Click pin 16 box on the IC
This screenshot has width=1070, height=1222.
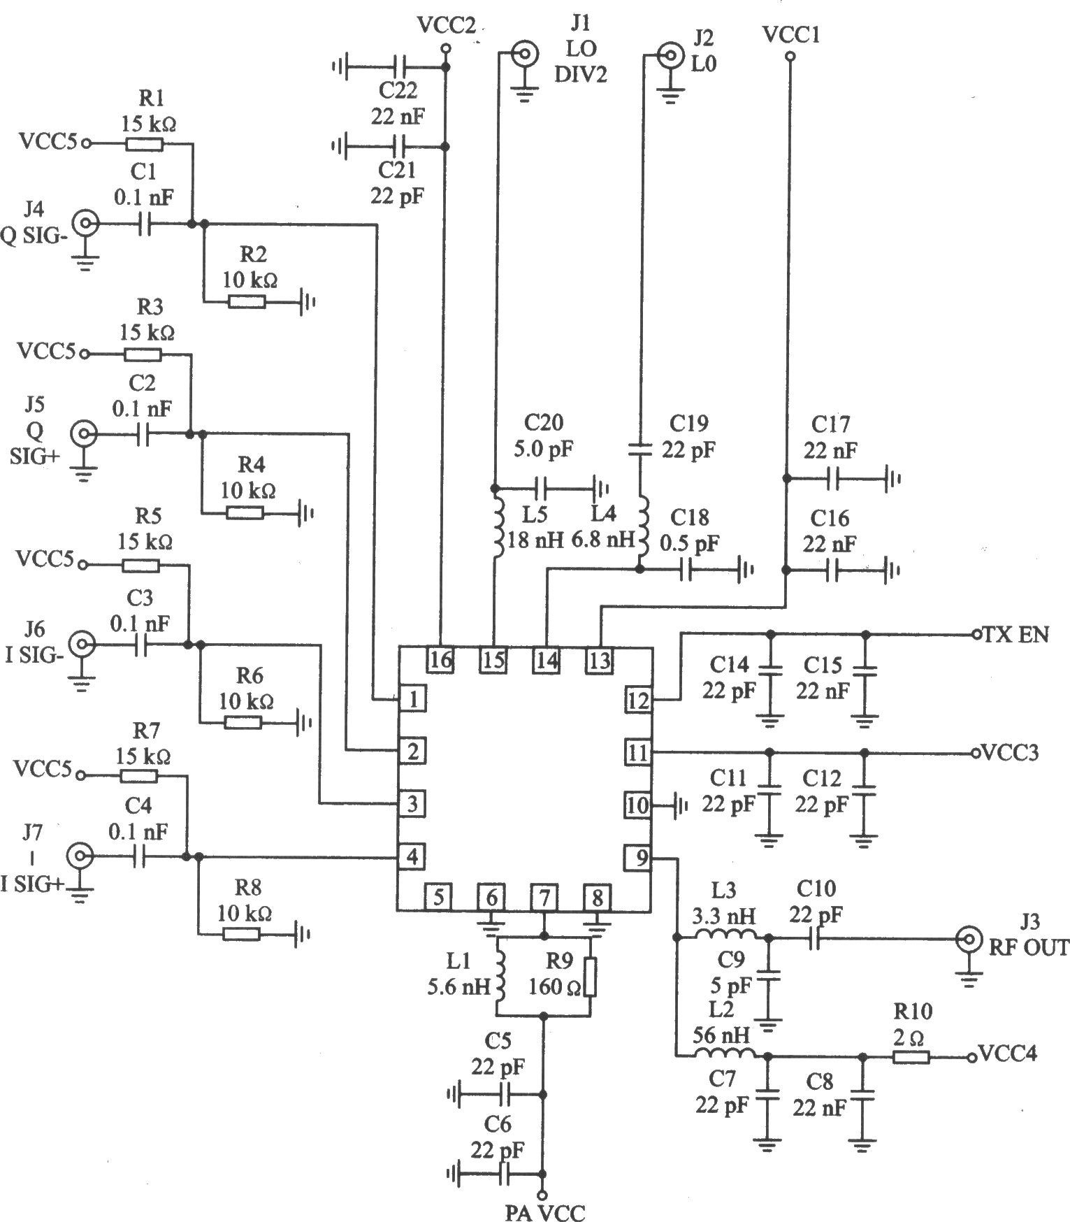tap(440, 659)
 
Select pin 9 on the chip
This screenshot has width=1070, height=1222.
tap(638, 858)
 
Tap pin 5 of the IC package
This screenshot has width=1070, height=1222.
tap(438, 897)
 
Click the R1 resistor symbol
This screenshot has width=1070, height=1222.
tap(145, 145)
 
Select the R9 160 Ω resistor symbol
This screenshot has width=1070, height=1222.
tap(591, 976)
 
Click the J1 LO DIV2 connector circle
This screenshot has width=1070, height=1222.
tap(524, 53)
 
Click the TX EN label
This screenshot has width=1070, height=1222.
tap(1015, 635)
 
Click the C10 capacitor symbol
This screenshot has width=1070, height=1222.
tap(815, 940)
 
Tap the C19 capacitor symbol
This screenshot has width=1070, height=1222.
tap(640, 448)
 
